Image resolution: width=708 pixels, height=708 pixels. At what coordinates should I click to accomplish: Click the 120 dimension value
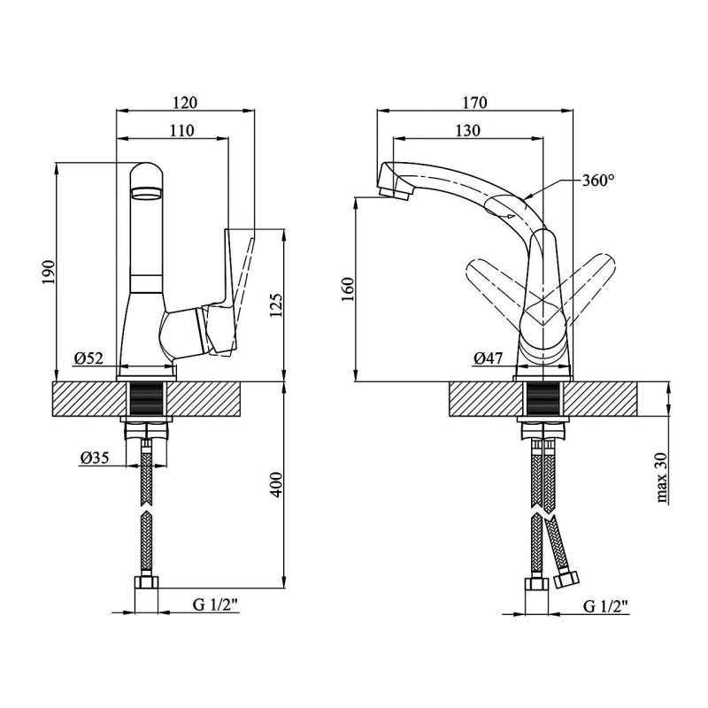(186, 103)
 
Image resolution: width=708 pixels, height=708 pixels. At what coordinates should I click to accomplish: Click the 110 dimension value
(182, 130)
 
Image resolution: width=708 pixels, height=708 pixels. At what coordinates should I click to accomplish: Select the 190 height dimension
(49, 272)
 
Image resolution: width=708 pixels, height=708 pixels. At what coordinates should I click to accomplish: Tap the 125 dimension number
(277, 305)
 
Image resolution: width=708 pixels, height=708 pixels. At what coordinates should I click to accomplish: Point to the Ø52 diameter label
(89, 358)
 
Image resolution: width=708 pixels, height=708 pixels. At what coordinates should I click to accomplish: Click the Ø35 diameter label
(95, 458)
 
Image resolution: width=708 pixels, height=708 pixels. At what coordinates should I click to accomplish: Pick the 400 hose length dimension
(277, 485)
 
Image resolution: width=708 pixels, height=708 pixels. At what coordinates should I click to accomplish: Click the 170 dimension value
(475, 103)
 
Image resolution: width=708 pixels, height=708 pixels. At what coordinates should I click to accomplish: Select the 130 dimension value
(468, 130)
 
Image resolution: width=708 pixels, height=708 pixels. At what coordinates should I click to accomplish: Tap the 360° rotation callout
(598, 181)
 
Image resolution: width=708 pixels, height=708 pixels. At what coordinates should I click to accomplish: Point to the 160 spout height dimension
(349, 290)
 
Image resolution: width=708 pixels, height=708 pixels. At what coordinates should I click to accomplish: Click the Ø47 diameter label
(489, 358)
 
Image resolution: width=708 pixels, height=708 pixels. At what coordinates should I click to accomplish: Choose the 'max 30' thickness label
(662, 478)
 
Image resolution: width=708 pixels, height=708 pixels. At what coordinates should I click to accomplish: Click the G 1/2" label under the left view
(215, 604)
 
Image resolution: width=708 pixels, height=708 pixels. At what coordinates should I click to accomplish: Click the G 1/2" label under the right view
(606, 605)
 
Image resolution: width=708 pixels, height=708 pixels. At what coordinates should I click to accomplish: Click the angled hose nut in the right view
(566, 580)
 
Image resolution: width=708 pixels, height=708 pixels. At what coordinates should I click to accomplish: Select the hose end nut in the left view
(146, 582)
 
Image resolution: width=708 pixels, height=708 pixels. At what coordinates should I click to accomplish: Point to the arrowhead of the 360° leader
(527, 197)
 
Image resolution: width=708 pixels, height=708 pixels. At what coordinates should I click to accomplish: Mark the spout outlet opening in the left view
(146, 194)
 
